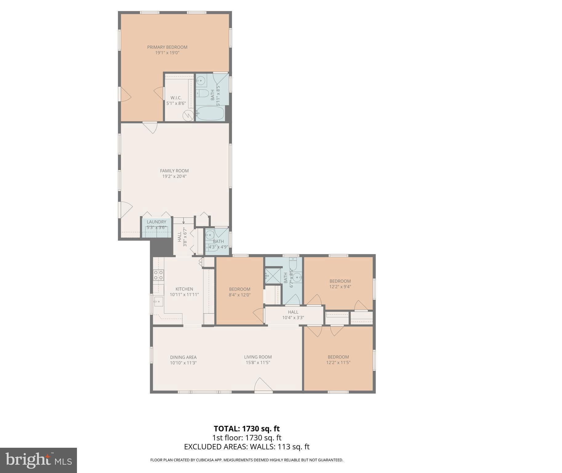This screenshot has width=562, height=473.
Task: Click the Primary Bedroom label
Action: coord(167,47)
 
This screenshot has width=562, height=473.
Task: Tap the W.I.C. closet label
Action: coord(176,98)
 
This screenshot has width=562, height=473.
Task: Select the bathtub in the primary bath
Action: coord(211,113)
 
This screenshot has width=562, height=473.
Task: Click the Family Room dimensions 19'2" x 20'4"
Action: coord(174,176)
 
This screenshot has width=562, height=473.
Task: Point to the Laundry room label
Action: coord(156,222)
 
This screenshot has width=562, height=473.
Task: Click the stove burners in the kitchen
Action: coord(159,275)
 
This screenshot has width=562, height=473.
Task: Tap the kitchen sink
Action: coord(159,301)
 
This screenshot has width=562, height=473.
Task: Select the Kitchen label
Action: coord(184,289)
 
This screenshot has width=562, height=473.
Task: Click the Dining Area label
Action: coord(183,357)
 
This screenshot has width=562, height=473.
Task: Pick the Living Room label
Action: coord(258,357)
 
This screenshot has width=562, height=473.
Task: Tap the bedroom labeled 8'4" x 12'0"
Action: coord(239,292)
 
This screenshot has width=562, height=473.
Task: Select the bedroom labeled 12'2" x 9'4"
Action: coord(340,284)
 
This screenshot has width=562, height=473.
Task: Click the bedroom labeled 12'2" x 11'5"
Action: coord(338,360)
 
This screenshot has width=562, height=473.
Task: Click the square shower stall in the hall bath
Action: coord(273,276)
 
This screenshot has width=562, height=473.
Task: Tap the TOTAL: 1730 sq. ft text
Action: coord(247,429)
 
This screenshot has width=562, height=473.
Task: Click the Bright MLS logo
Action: coord(38,460)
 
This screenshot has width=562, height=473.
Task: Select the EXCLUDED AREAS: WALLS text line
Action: coord(247,447)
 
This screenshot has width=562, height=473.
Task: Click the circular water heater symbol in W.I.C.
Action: coord(188,115)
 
